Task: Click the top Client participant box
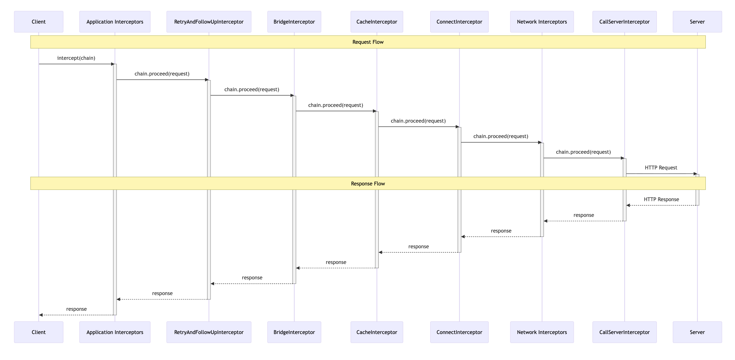(39, 22)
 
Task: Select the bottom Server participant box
(697, 332)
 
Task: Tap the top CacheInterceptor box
(377, 22)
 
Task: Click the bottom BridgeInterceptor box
(294, 332)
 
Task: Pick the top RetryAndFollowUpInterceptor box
(209, 22)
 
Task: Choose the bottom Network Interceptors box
(542, 332)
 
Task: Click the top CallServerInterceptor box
(624, 22)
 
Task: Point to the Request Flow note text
(368, 42)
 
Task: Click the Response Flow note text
(368, 184)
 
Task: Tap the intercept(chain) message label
(76, 58)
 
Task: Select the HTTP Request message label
(661, 168)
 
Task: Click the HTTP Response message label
(661, 199)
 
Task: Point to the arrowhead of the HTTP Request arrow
(695, 174)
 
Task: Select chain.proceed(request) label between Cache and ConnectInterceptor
(418, 121)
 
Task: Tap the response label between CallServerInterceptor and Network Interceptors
(583, 215)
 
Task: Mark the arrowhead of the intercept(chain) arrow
(113, 64)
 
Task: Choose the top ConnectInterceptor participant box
(459, 22)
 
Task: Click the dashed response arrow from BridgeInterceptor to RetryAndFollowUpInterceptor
(252, 284)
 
